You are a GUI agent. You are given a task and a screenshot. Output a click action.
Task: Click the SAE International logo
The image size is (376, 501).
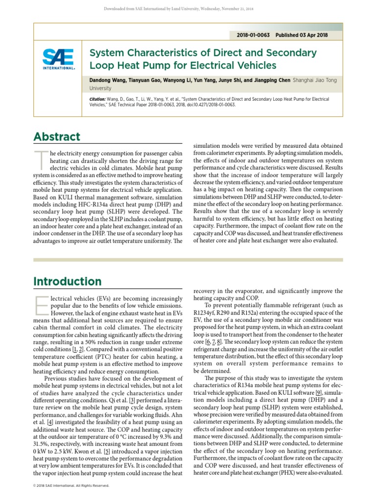tap(58, 60)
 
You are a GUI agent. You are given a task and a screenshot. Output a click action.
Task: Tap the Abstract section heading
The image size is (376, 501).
tap(57, 137)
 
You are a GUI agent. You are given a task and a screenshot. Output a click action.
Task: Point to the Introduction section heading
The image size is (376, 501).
tap(68, 281)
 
